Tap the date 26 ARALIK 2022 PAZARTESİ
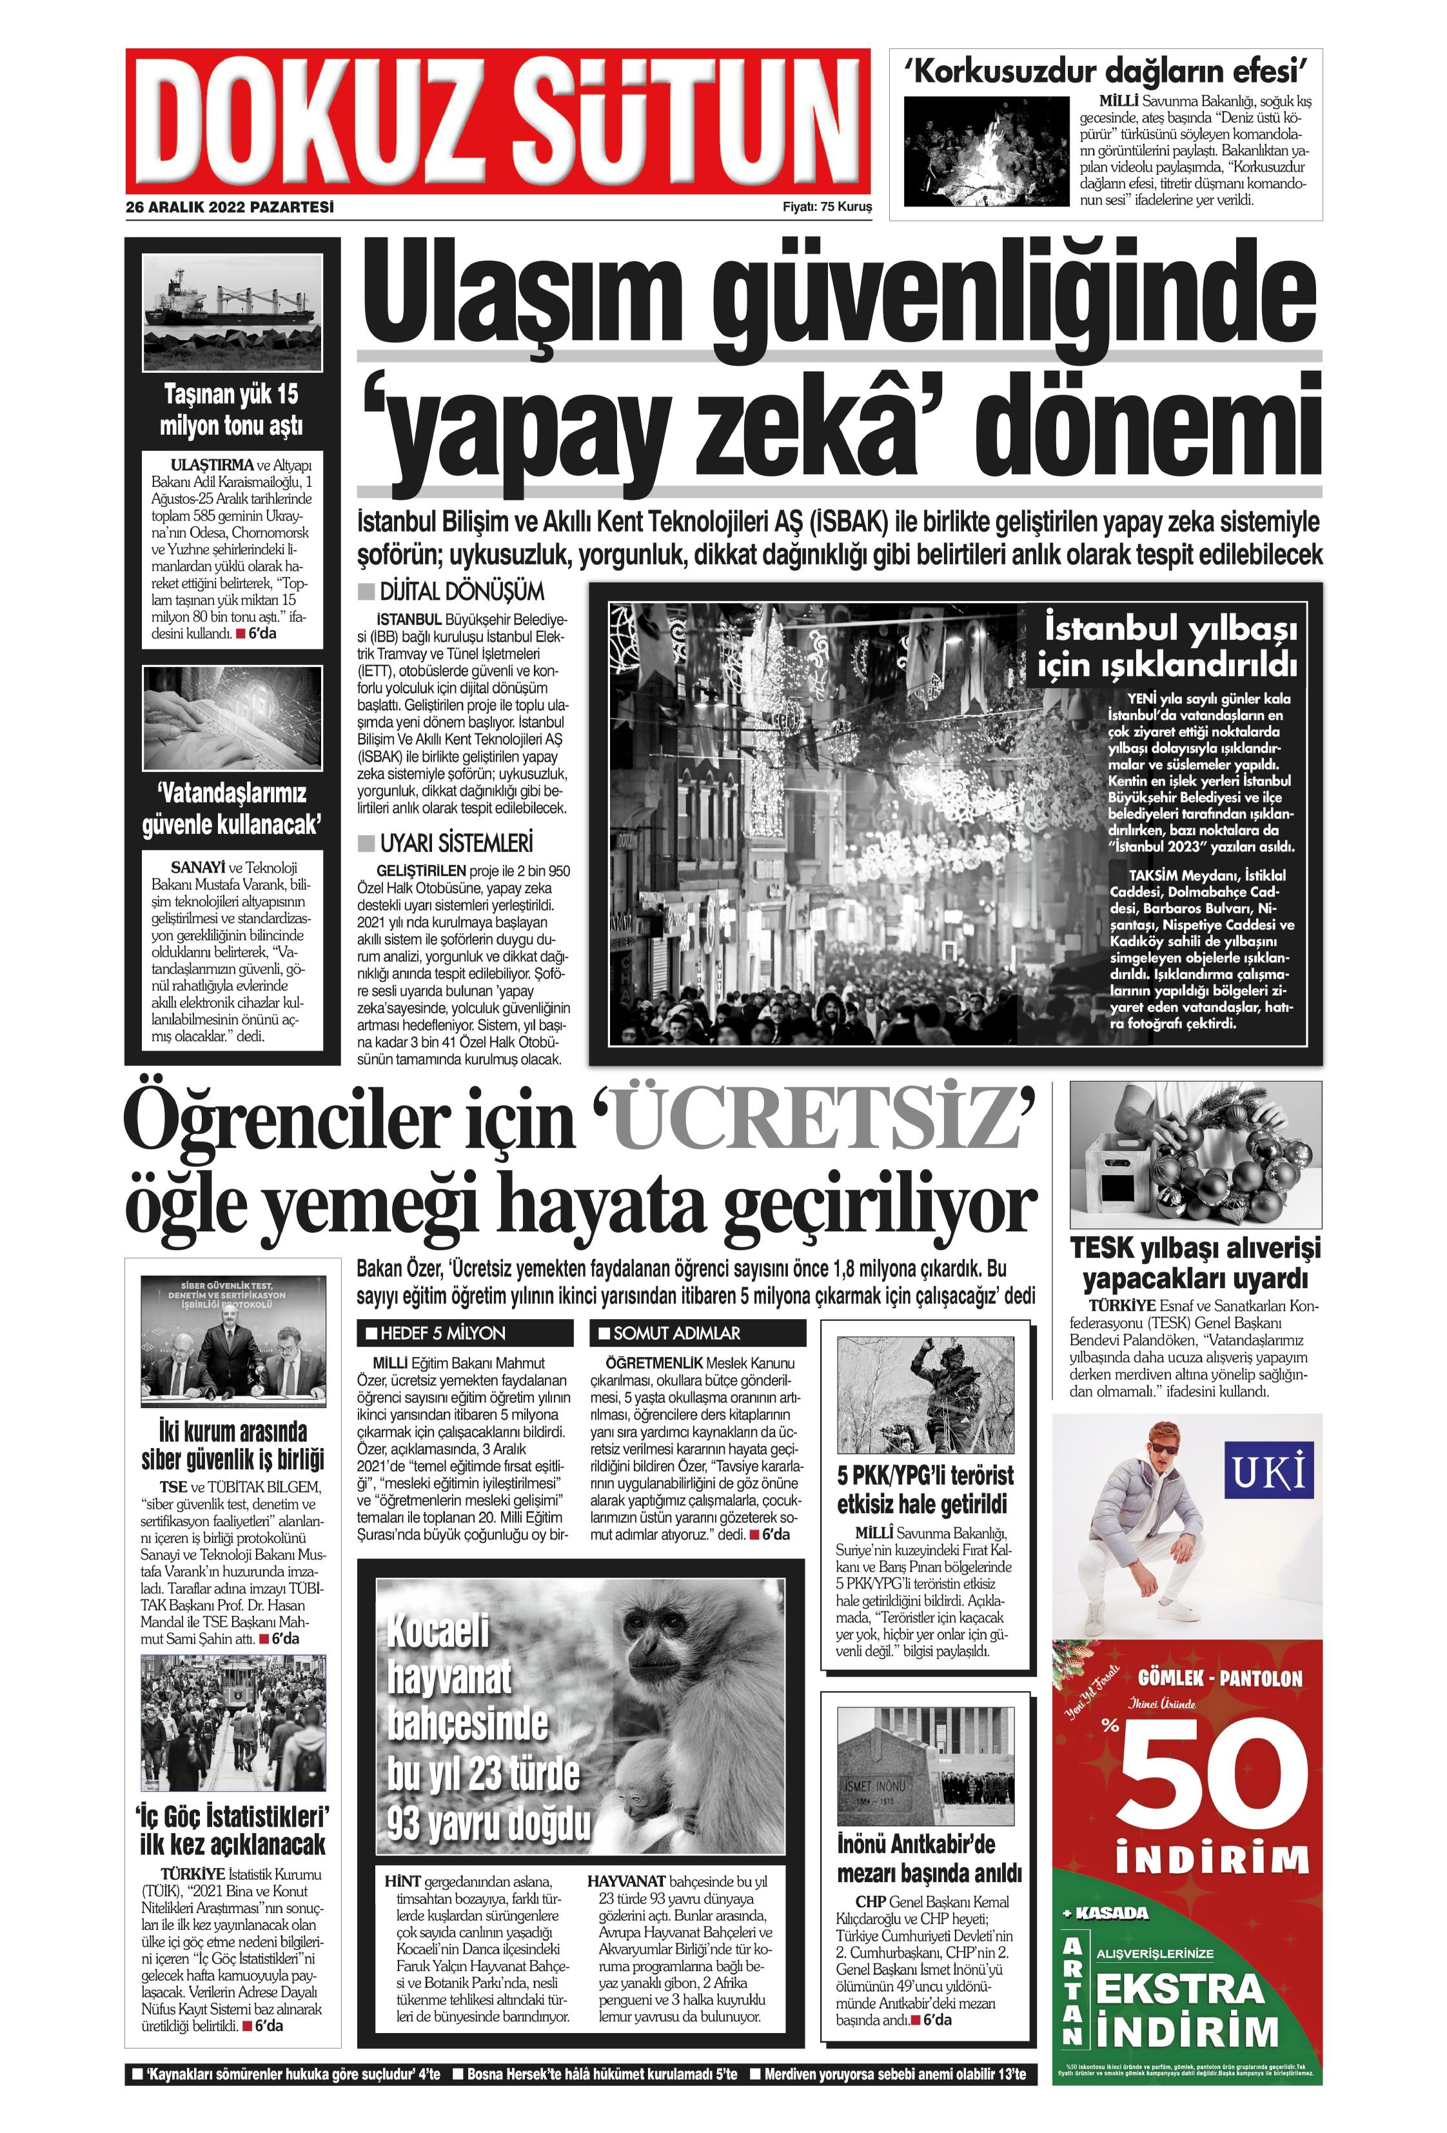pos(230,208)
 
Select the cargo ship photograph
pos(232,312)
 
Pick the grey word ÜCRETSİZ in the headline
pos(815,1122)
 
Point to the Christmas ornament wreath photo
pos(1195,1155)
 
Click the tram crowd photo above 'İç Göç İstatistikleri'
pos(232,1723)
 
